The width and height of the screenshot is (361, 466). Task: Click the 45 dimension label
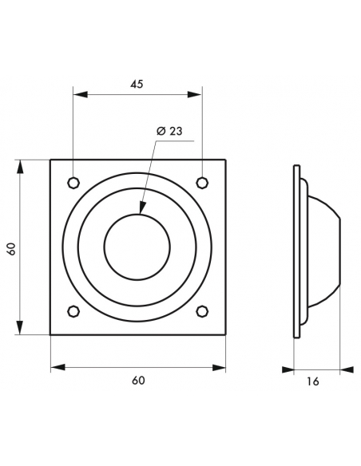(137, 84)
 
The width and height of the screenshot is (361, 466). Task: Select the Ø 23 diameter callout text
(169, 131)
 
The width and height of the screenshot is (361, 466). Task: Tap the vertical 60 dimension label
(11, 249)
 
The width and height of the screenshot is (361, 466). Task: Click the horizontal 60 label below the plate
(138, 380)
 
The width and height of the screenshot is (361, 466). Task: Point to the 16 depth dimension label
(313, 381)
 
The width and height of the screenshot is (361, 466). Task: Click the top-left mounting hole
(73, 183)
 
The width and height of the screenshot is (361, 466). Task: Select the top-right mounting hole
(202, 182)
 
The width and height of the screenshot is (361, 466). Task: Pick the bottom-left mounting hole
(73, 311)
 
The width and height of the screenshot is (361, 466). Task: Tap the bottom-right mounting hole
(202, 311)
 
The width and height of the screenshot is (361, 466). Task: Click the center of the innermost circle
(137, 247)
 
